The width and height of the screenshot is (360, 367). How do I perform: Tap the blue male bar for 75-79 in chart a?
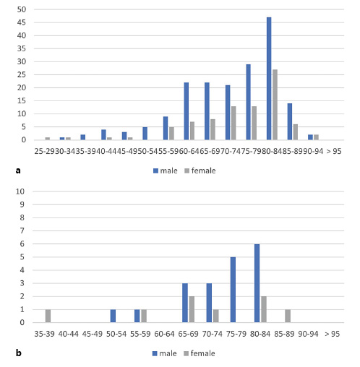click(248, 102)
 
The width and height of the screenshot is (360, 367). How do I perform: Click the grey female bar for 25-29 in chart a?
click(48, 138)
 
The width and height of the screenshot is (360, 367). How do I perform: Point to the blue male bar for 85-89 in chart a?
click(289, 121)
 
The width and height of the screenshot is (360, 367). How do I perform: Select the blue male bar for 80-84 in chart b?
click(257, 283)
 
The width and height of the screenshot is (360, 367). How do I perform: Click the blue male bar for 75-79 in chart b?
click(233, 290)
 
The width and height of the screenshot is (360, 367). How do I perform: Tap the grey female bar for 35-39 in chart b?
click(48, 316)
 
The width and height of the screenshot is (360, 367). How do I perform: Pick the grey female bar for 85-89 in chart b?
click(287, 316)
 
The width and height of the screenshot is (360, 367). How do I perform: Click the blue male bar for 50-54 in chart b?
click(113, 316)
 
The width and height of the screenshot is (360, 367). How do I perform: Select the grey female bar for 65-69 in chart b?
click(191, 310)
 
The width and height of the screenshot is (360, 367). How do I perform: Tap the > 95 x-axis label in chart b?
click(333, 333)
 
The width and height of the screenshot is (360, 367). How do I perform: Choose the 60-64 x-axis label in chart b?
click(164, 333)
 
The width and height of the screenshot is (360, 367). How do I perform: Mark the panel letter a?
click(17, 171)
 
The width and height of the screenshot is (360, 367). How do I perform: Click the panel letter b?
click(17, 353)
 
